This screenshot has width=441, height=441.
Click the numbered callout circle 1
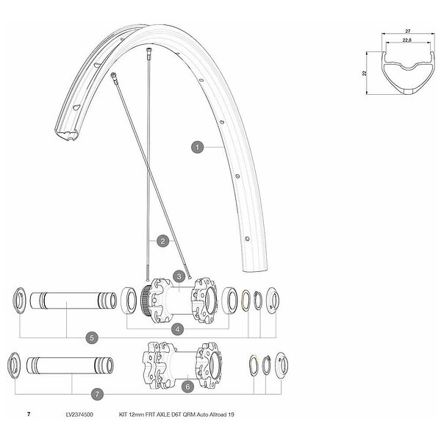[x=198, y=147]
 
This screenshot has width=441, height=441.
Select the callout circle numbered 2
[x=163, y=241]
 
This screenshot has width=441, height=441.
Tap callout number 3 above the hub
[x=179, y=277]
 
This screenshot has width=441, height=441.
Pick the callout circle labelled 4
[x=177, y=329]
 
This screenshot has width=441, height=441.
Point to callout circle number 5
[x=92, y=337]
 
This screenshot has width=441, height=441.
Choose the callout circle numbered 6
[x=187, y=387]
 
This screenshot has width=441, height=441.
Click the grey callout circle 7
[x=97, y=394]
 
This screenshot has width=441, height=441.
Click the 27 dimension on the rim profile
[x=408, y=31]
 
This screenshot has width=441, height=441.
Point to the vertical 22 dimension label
[x=365, y=73]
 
